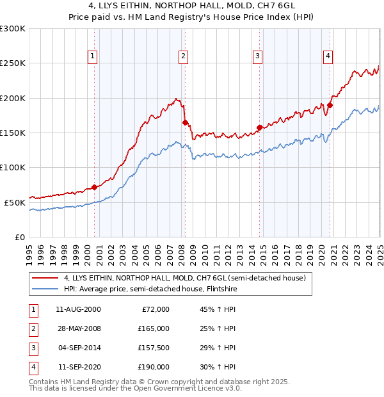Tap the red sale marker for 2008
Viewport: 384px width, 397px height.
(x=185, y=122)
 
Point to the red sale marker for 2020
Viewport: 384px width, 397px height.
(x=330, y=105)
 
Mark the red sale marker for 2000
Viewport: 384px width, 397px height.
(x=95, y=187)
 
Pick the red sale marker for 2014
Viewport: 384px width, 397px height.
(x=259, y=127)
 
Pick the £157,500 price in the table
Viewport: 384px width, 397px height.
(x=154, y=348)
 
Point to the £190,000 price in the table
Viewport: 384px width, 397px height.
(x=154, y=368)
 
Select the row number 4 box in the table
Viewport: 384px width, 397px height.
(x=32, y=368)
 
